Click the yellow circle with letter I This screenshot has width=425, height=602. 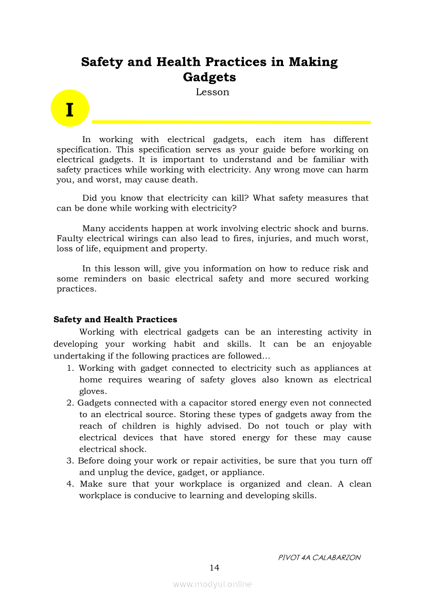(x=70, y=108)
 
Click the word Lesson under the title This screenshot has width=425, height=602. (x=212, y=92)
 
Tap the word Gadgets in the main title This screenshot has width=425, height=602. (x=209, y=77)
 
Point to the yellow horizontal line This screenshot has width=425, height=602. (x=231, y=122)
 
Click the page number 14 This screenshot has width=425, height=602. (x=214, y=567)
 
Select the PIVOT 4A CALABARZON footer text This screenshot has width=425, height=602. (x=319, y=557)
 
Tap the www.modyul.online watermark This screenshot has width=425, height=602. (x=213, y=584)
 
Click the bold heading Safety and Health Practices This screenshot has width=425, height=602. (x=115, y=319)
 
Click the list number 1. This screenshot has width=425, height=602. (x=70, y=368)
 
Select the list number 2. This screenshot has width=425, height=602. (x=70, y=403)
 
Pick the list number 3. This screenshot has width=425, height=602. (x=70, y=461)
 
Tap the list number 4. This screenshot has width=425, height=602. (x=70, y=484)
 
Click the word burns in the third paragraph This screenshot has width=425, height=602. (x=356, y=228)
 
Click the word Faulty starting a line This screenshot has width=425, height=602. (x=68, y=238)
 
